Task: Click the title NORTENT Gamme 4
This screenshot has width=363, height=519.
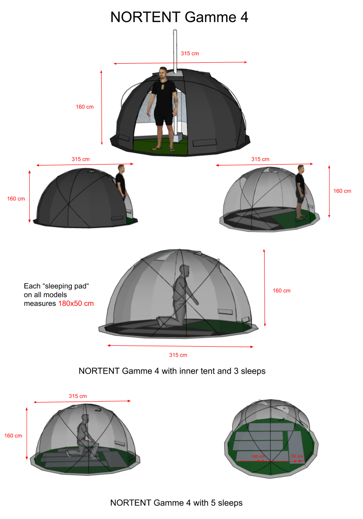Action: point(179,17)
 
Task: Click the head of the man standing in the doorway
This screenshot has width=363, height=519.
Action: point(163,73)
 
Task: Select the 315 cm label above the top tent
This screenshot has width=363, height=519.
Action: point(190,53)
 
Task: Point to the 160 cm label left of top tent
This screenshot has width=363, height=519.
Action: point(85,107)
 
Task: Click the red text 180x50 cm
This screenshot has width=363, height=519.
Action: point(76,304)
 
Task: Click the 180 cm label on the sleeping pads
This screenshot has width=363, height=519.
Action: point(258,457)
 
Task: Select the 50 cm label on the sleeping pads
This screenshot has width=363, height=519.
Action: point(297,456)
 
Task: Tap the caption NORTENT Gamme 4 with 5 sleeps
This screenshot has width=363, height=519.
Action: point(176,503)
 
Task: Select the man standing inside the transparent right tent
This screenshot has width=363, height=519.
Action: point(300,192)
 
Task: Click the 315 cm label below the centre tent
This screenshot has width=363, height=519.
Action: point(178,355)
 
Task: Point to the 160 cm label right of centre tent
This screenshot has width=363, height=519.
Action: point(282,291)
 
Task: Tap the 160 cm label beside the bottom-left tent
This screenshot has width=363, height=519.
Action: point(13,436)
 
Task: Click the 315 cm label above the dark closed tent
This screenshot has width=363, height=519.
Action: point(81,159)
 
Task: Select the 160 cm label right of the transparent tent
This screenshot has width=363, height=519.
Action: point(342,191)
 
